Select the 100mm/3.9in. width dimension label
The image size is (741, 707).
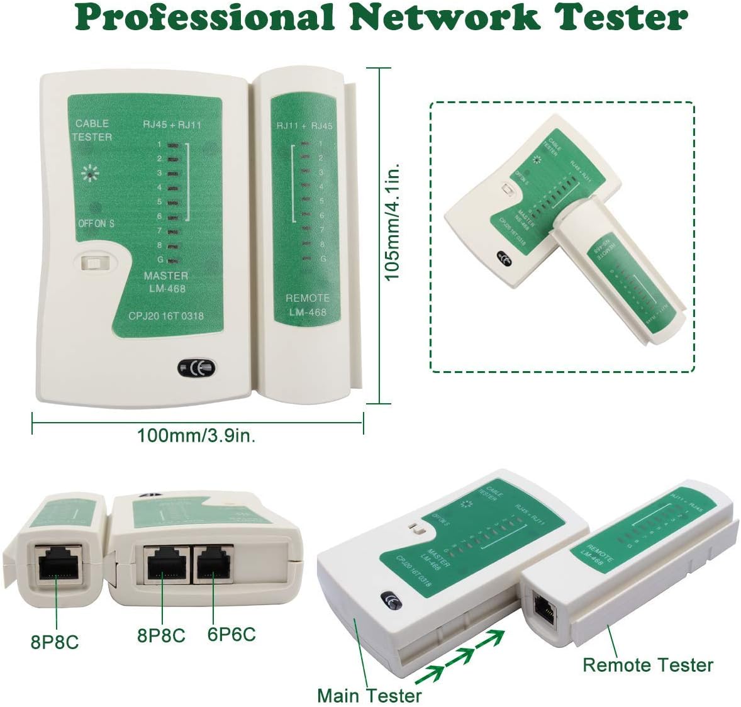(196, 435)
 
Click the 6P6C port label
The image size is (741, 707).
(231, 634)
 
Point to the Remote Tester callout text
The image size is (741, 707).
(648, 665)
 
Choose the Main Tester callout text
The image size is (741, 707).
(369, 696)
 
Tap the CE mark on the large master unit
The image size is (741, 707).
(196, 369)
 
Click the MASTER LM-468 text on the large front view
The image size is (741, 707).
(165, 282)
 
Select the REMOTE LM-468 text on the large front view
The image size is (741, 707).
(308, 305)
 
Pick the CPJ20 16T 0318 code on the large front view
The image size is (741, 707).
(166, 316)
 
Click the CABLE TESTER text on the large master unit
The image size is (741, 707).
(92, 130)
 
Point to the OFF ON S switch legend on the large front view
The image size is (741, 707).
(96, 223)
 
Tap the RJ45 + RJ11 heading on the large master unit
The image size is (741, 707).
(172, 125)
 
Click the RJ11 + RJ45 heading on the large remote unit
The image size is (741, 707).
(304, 126)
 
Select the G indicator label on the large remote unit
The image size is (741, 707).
(323, 259)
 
